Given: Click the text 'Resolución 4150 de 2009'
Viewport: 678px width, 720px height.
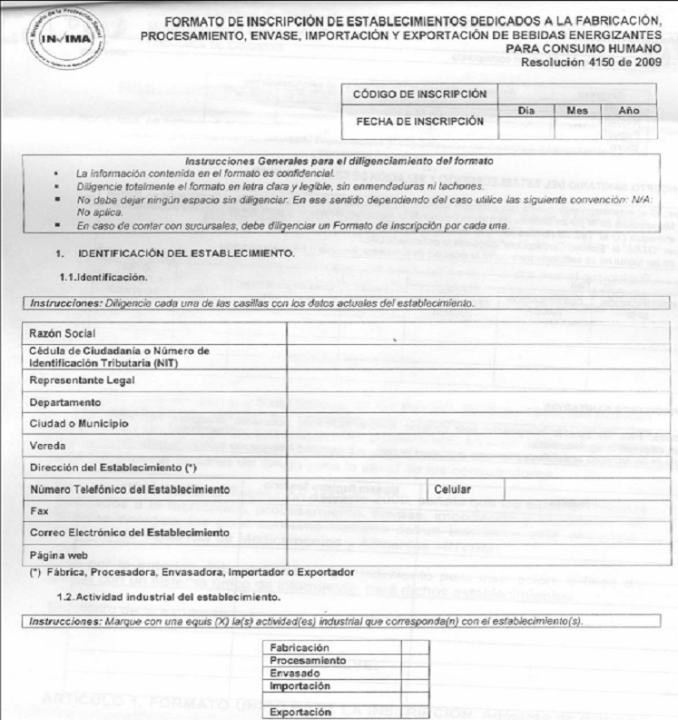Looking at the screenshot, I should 601,61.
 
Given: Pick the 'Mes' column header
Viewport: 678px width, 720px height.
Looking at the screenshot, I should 576,110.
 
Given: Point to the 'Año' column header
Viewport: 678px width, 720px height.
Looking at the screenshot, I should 627,110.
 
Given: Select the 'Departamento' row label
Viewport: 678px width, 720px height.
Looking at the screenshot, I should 65,401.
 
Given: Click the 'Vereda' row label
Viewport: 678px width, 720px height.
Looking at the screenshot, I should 47,445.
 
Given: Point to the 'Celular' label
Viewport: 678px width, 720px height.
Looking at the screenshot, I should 454,489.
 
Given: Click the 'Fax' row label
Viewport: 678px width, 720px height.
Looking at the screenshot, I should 38,511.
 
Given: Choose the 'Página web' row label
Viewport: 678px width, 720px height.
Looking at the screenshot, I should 59,554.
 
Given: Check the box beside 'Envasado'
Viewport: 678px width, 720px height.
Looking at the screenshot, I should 418,674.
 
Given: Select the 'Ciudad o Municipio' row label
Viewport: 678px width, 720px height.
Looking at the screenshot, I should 79,423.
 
